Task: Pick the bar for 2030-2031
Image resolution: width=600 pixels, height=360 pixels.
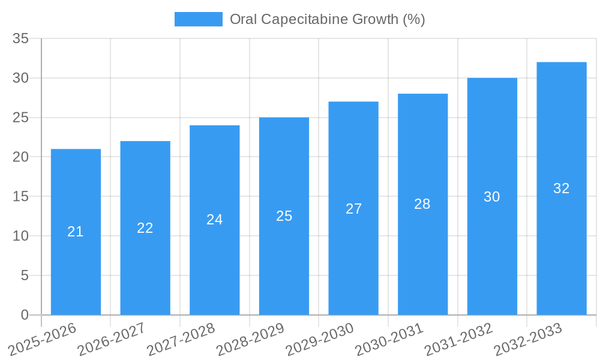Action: (x=422, y=258)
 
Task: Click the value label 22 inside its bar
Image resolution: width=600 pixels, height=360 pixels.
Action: (x=145, y=228)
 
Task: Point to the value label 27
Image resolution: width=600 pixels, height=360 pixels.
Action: (x=353, y=209)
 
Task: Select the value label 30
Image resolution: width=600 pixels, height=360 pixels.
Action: (x=492, y=197)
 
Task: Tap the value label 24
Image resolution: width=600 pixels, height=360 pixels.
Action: (x=214, y=220)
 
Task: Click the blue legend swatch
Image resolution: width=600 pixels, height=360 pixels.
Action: (x=198, y=19)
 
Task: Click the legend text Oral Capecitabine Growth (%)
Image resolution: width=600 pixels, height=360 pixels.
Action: (x=328, y=19)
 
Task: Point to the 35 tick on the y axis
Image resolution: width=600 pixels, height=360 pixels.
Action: (x=21, y=39)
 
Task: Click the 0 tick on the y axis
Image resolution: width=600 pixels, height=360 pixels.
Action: (x=25, y=315)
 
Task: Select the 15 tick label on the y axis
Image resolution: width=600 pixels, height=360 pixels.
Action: (x=21, y=197)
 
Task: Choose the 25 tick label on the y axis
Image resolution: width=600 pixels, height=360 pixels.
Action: (x=21, y=118)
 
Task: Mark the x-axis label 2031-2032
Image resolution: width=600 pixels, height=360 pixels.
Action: (x=459, y=340)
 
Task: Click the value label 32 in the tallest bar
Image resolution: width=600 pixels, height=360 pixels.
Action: (x=561, y=188)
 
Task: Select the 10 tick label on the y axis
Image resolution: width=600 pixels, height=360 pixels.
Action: (x=21, y=236)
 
